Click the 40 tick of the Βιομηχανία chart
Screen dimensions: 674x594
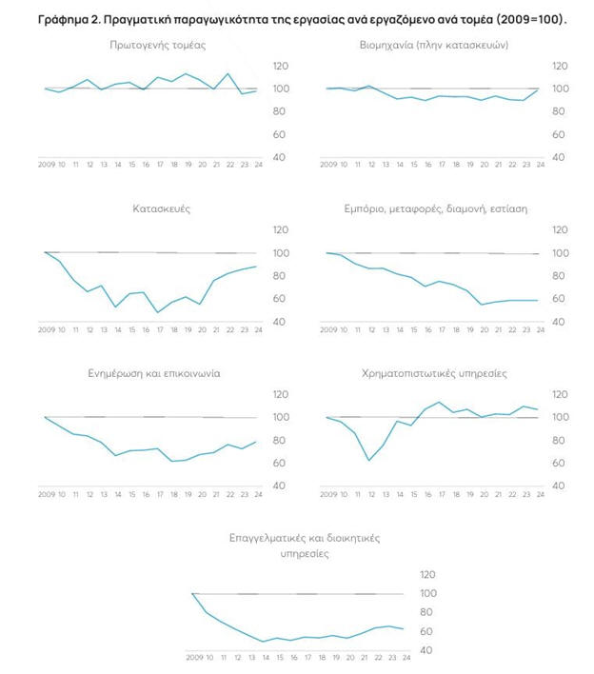[x=562, y=157]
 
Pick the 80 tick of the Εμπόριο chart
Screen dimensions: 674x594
[x=562, y=276]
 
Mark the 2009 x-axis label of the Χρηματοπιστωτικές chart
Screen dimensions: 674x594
[x=328, y=494]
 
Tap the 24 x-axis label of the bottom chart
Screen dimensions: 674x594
[x=406, y=658]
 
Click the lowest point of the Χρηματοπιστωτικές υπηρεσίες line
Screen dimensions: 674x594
[x=368, y=461]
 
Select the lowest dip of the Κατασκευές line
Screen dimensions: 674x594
[x=158, y=312]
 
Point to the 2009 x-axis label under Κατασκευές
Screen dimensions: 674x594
[x=47, y=329]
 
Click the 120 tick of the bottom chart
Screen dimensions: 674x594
[x=427, y=574]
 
